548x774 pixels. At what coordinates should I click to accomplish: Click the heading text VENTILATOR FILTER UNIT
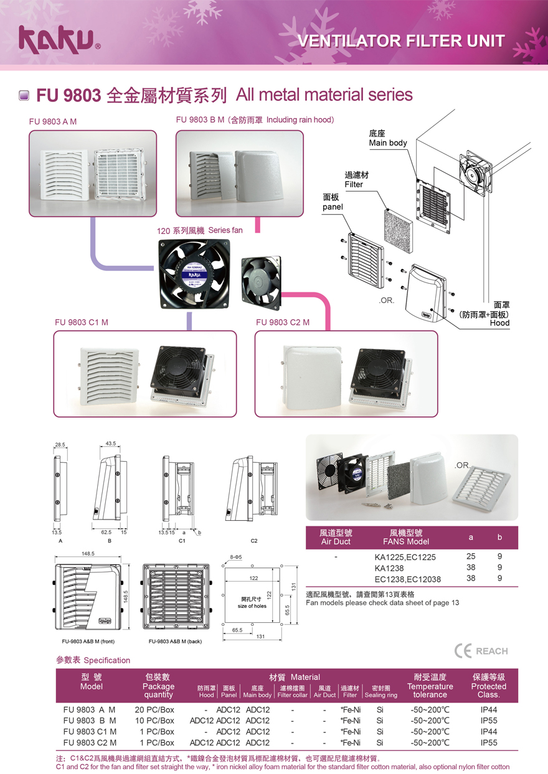(x=402, y=42)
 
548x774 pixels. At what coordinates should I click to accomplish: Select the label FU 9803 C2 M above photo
(x=283, y=322)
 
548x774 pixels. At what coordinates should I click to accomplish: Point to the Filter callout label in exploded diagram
(x=355, y=180)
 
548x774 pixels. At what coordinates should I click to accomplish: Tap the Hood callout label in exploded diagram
(x=499, y=323)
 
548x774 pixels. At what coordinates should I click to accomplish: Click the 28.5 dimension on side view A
(x=60, y=445)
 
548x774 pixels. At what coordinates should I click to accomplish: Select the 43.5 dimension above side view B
(x=111, y=444)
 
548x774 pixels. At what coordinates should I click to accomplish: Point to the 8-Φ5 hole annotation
(x=234, y=557)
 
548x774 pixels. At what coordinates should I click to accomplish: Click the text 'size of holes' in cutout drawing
(x=252, y=605)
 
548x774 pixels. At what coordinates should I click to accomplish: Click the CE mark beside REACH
(x=463, y=651)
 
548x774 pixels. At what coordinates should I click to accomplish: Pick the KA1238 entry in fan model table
(x=389, y=568)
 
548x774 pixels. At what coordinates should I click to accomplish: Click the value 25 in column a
(x=471, y=557)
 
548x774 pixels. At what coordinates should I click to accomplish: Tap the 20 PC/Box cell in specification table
(x=154, y=709)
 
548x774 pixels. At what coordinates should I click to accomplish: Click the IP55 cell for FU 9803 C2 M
(x=488, y=743)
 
